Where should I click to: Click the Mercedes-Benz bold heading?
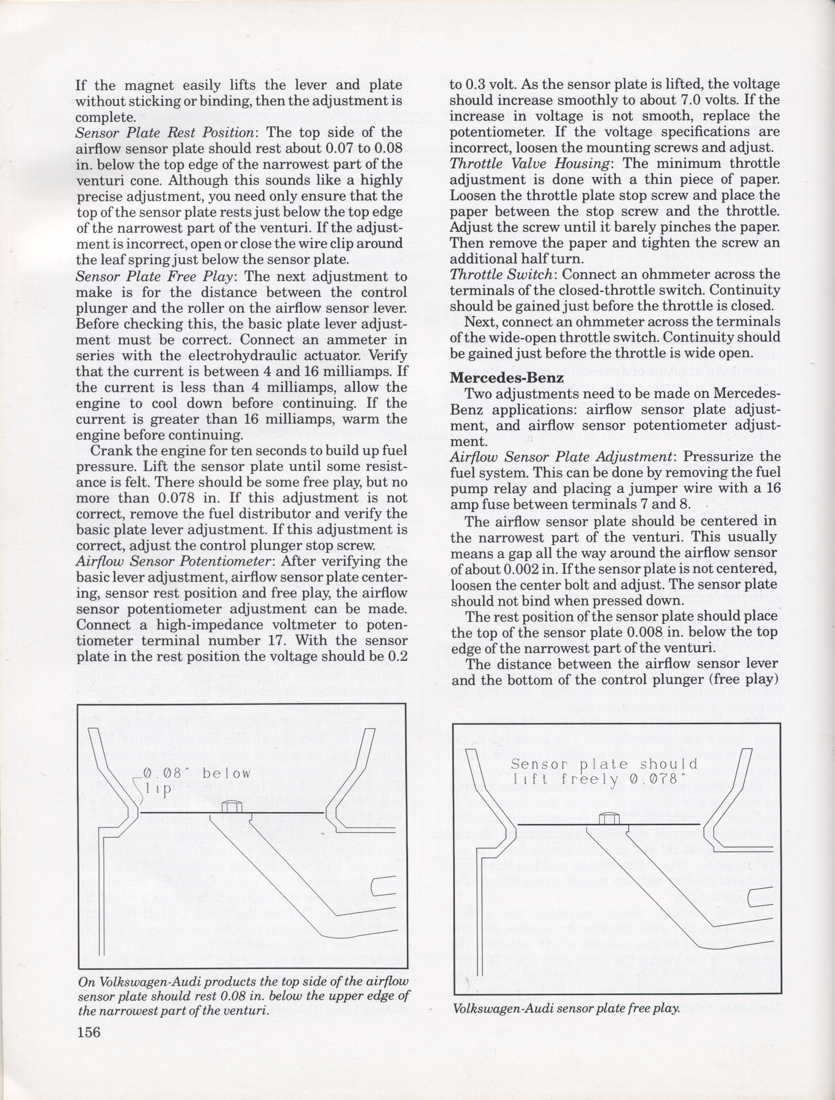tap(507, 377)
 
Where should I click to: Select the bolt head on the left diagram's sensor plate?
tap(230, 806)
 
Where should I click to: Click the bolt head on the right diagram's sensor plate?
tap(608, 818)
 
